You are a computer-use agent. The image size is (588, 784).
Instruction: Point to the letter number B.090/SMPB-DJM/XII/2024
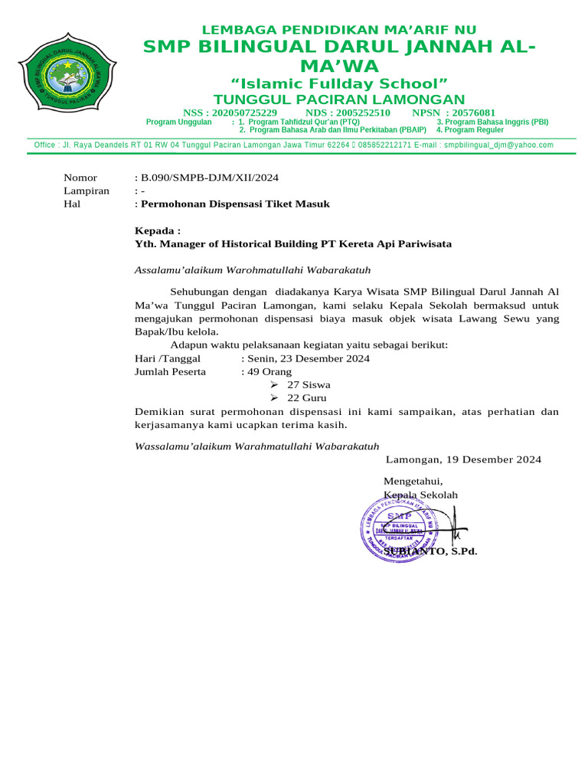208,178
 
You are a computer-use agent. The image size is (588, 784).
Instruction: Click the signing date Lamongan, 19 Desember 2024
463,459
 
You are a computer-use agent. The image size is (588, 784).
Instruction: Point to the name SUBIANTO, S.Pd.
430,551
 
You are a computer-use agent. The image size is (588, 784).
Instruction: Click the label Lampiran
86,191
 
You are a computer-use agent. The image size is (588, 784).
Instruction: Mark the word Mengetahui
413,481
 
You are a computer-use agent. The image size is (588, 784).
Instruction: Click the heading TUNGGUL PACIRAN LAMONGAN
338,100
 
